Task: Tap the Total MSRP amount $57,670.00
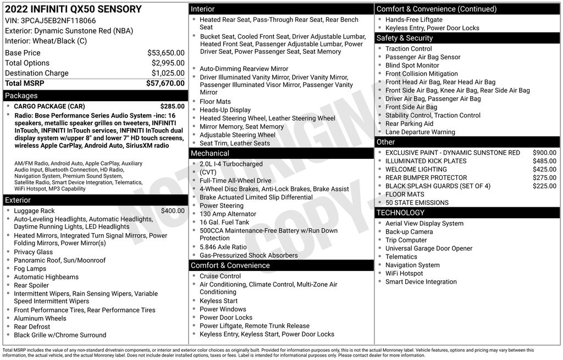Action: pyautogui.click(x=165, y=84)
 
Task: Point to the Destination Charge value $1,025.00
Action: pyautogui.click(x=168, y=73)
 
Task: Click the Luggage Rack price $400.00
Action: pyautogui.click(x=173, y=211)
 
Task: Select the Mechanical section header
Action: pyautogui.click(x=210, y=153)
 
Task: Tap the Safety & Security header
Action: pyautogui.click(x=405, y=38)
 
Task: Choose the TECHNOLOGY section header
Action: pyautogui.click(x=400, y=213)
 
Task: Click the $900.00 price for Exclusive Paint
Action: pyautogui.click(x=544, y=153)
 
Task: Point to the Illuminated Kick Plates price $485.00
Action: pyautogui.click(x=544, y=161)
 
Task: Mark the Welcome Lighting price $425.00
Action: pyautogui.click(x=544, y=169)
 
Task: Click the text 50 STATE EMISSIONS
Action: pyautogui.click(x=417, y=203)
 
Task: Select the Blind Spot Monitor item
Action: pyautogui.click(x=412, y=65)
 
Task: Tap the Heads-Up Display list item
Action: pyautogui.click(x=225, y=110)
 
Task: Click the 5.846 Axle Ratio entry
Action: pyautogui.click(x=223, y=247)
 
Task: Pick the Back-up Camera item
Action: pyautogui.click(x=409, y=232)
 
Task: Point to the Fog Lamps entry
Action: pyautogui.click(x=30, y=269)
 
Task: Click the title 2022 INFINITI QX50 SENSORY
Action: pyautogui.click(x=73, y=9)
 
